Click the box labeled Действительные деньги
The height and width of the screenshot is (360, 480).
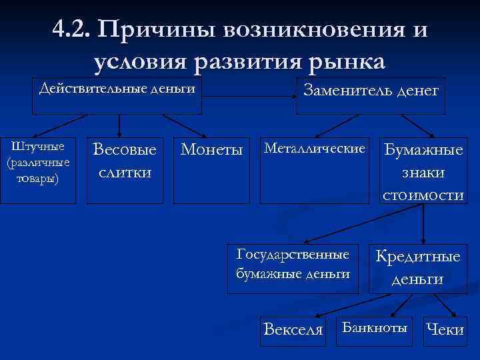(x=117, y=89)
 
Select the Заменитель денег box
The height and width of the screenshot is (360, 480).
(x=371, y=90)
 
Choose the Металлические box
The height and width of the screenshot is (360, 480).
(x=315, y=147)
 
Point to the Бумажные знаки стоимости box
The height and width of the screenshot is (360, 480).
(x=423, y=171)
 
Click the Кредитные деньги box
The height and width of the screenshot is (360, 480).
(x=418, y=267)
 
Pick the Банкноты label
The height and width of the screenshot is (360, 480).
(x=374, y=327)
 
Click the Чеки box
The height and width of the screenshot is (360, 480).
(x=445, y=329)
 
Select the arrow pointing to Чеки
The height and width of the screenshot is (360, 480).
(x=444, y=306)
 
